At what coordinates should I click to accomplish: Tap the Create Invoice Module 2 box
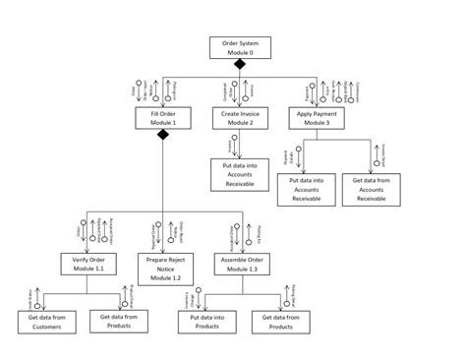(238, 118)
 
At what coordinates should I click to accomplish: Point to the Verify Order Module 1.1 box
(87, 263)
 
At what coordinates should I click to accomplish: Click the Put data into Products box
(202, 323)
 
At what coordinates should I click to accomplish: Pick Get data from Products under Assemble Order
(279, 323)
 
